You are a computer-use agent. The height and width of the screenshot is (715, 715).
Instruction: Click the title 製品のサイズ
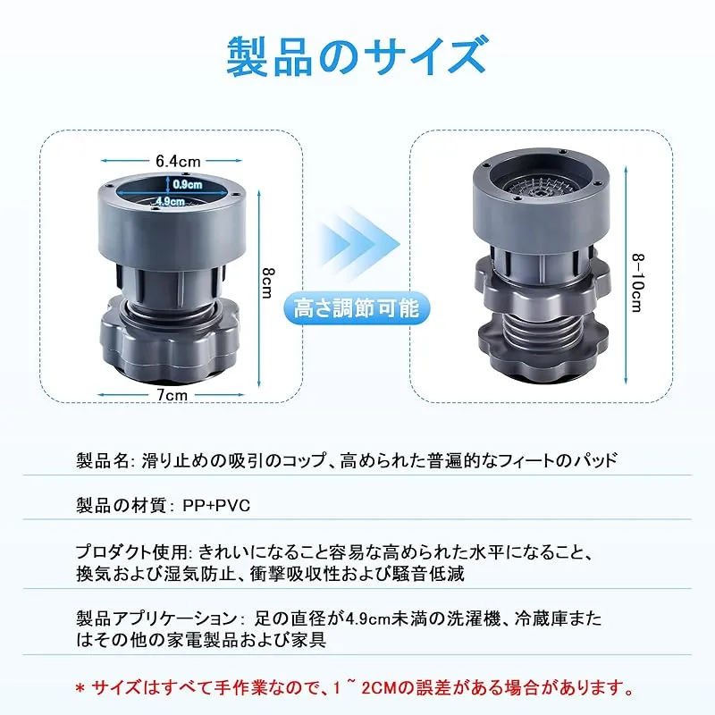[x=357, y=56]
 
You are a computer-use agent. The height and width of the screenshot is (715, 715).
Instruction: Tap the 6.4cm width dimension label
[x=178, y=161]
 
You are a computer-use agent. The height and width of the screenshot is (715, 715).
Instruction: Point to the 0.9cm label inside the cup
[x=188, y=185]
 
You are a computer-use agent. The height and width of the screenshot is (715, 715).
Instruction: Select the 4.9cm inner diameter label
[x=170, y=200]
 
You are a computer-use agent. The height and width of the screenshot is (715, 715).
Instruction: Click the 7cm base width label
[x=172, y=395]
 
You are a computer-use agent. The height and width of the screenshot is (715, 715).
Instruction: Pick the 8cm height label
[x=266, y=282]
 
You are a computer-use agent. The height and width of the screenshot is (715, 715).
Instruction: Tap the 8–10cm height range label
[x=637, y=282]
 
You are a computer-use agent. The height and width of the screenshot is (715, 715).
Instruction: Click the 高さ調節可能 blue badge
[x=356, y=308]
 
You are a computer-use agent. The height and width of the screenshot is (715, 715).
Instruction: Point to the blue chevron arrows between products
[x=358, y=245]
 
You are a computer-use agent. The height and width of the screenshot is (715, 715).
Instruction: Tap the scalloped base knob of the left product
[x=170, y=346]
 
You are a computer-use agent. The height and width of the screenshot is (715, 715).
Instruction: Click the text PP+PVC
[x=216, y=506]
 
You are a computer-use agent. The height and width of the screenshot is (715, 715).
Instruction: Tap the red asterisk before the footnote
[x=80, y=689]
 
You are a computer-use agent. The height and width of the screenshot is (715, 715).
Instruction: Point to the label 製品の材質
[x=121, y=506]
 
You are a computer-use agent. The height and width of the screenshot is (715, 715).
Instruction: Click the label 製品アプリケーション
[x=156, y=619]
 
